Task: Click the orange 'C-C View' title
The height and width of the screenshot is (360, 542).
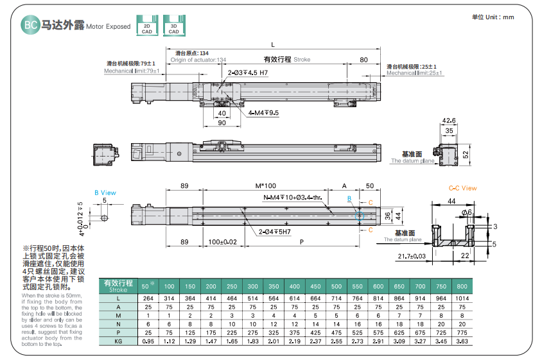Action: (x=462, y=188)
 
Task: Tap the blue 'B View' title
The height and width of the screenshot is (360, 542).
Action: (x=105, y=192)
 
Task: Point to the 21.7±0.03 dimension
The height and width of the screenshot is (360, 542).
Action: (x=411, y=257)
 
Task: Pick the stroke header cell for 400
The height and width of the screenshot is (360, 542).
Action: (x=294, y=286)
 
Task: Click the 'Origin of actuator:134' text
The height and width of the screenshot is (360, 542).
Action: (x=198, y=60)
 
